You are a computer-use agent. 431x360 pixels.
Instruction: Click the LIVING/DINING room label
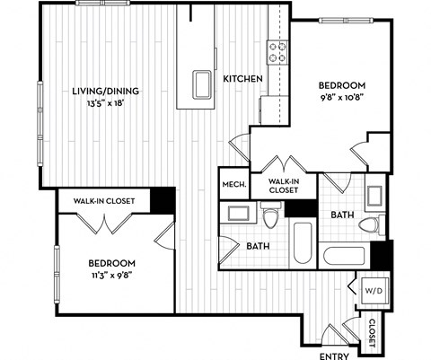coord(105,90)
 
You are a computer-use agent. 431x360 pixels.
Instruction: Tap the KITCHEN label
coord(242,79)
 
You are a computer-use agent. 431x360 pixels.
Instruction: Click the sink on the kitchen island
coord(198,86)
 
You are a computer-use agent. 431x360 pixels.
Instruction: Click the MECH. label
coord(233,185)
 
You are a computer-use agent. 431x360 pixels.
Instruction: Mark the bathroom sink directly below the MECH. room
coord(238,215)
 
